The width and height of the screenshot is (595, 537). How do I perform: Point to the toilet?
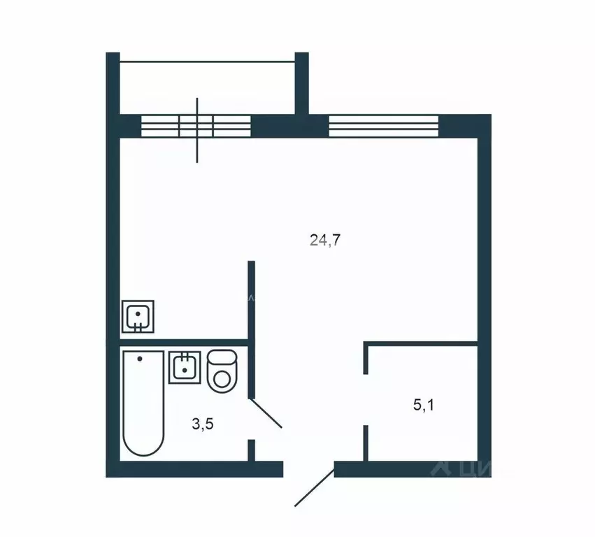(x=223, y=371)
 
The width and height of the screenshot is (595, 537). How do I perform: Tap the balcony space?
(x=208, y=87)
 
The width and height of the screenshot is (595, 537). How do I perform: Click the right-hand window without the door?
(x=383, y=126)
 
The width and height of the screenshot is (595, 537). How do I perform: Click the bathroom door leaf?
(x=266, y=413)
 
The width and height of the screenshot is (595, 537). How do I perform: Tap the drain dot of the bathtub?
(x=140, y=359)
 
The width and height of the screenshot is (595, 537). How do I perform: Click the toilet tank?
(x=224, y=358)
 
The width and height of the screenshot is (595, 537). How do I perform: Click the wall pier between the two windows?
(x=289, y=126)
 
